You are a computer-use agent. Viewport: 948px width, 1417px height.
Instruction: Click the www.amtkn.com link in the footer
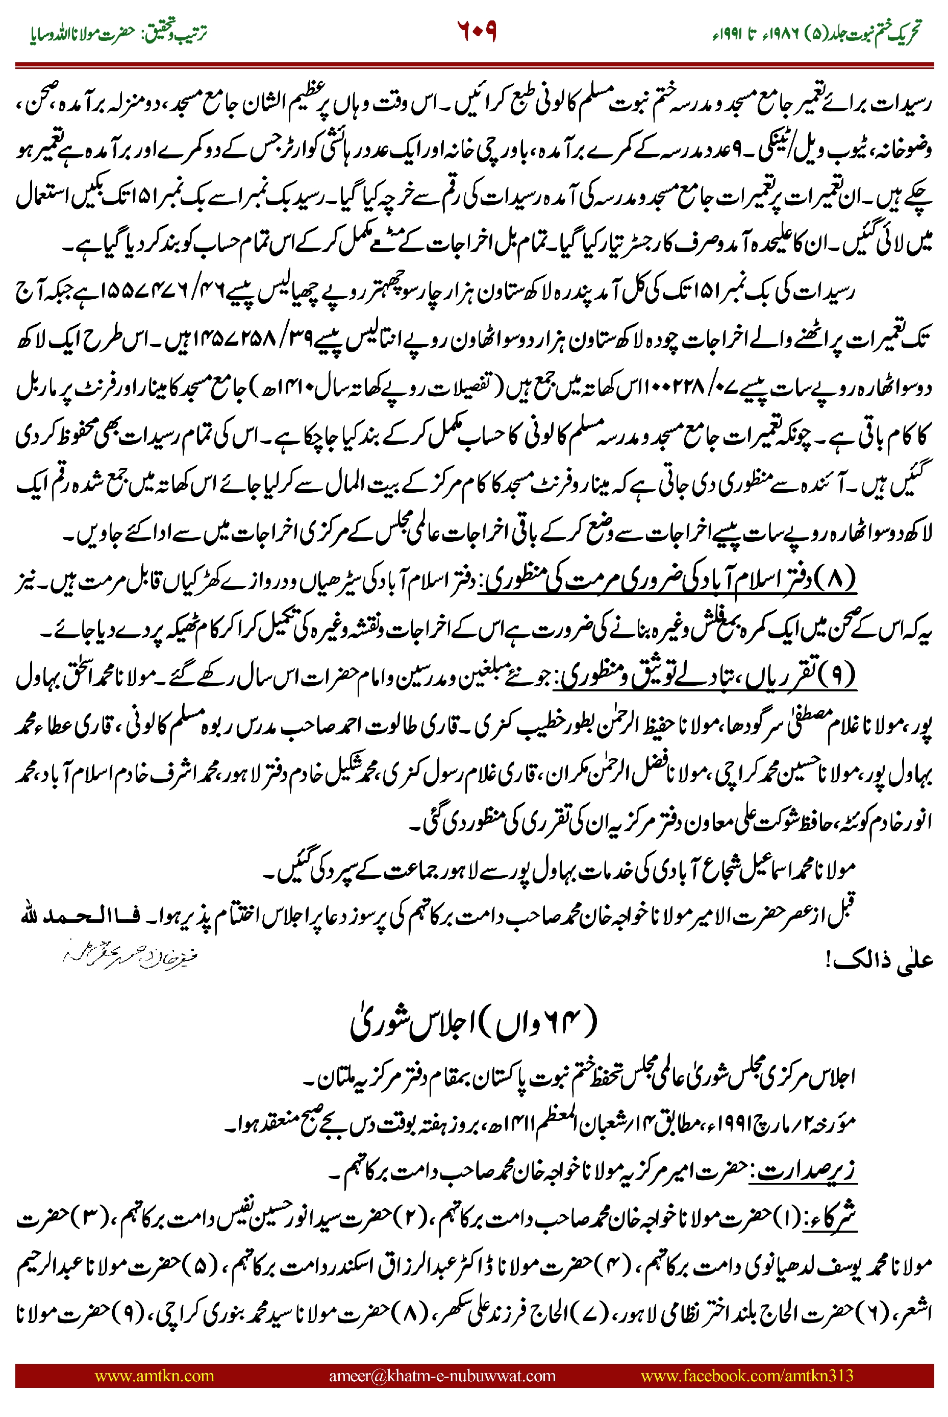(x=154, y=1375)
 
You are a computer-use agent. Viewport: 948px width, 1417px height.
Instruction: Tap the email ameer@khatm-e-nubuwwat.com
(x=442, y=1375)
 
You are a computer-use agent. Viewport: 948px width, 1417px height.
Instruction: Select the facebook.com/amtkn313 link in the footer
(x=746, y=1375)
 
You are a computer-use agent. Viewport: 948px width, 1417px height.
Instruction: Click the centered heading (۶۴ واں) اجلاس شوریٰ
(x=475, y=1023)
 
